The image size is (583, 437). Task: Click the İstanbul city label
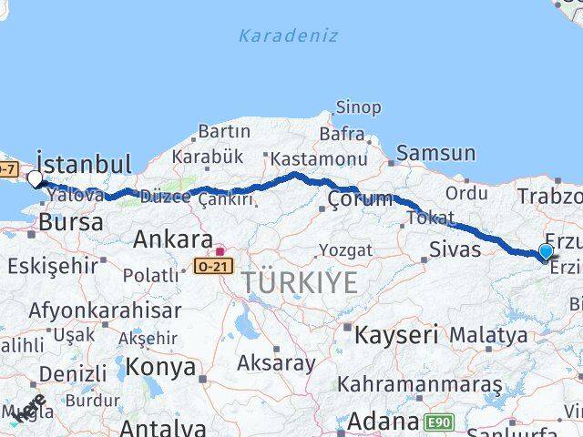click(84, 165)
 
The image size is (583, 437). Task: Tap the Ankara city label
click(173, 239)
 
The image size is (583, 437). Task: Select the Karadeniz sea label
click(288, 36)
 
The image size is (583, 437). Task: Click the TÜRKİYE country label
click(300, 283)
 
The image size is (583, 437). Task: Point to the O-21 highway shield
click(213, 267)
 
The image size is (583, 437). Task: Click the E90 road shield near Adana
click(439, 422)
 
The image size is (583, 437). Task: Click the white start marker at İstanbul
click(36, 178)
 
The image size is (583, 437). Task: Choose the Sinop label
click(358, 107)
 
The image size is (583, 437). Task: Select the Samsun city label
click(435, 154)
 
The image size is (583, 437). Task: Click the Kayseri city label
click(395, 334)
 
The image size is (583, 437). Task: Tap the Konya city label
click(160, 367)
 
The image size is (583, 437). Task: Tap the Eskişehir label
click(52, 266)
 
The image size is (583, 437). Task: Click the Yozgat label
click(345, 249)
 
